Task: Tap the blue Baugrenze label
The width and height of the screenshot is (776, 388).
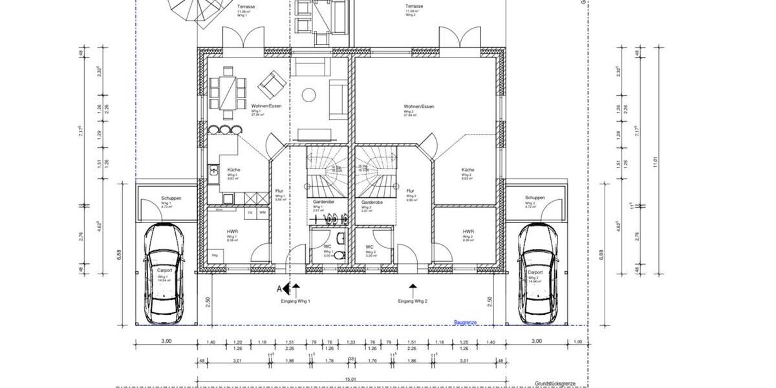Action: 466,321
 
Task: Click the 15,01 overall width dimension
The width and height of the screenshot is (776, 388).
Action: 350,380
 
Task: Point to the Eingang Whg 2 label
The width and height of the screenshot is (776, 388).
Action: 413,301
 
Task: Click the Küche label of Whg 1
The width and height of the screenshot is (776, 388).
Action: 233,170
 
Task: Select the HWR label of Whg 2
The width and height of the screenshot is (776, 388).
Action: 468,232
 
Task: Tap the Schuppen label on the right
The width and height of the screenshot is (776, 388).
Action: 535,198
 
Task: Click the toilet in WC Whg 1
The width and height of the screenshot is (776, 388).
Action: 341,254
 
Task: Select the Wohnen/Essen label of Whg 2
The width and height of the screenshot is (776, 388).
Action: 418,106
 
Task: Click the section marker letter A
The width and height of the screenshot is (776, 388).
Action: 280,289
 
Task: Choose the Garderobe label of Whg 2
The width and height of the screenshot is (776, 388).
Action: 371,202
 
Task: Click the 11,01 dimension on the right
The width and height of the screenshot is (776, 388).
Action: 654,158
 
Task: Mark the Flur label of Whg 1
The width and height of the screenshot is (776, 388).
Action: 279,191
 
